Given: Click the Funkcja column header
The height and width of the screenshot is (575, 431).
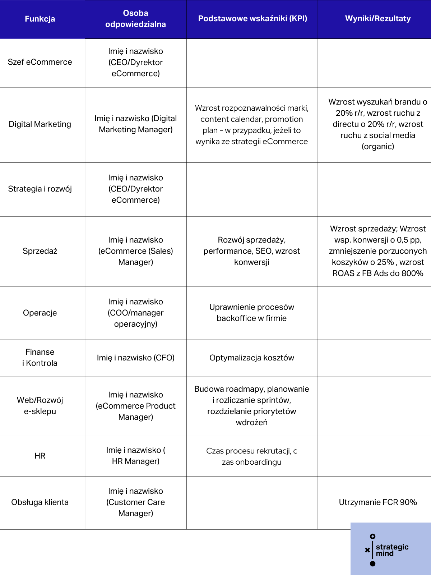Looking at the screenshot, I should pyautogui.click(x=40, y=19).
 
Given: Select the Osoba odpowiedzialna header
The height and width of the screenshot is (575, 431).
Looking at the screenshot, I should pyautogui.click(x=135, y=19).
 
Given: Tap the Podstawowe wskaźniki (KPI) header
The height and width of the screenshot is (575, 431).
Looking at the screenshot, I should pyautogui.click(x=252, y=19).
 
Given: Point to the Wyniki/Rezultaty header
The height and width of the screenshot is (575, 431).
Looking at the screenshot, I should pyautogui.click(x=378, y=19).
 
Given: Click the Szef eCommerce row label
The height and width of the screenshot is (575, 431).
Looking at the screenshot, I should pyautogui.click(x=40, y=62).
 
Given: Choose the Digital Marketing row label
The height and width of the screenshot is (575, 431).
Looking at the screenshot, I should pyautogui.click(x=40, y=124).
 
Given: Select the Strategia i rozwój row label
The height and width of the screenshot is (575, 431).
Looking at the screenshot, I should pyautogui.click(x=40, y=189).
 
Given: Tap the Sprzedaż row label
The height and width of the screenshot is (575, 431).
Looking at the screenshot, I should pyautogui.click(x=40, y=251).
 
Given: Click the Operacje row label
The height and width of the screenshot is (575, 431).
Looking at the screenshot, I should pyautogui.click(x=40, y=313).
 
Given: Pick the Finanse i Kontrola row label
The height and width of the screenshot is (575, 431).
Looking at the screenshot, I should pyautogui.click(x=40, y=358).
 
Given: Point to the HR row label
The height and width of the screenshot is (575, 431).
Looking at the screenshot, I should pyautogui.click(x=40, y=456).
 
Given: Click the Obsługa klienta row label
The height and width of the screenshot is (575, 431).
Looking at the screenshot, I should pyautogui.click(x=40, y=502).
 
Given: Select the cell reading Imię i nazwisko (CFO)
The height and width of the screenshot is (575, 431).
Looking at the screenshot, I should pyautogui.click(x=135, y=358).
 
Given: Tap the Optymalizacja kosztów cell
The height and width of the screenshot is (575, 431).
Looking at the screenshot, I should pyautogui.click(x=252, y=358).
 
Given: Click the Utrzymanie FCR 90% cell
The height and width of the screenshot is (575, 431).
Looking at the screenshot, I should pyautogui.click(x=378, y=502).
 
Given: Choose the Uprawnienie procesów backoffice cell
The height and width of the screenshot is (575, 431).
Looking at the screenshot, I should pyautogui.click(x=252, y=313).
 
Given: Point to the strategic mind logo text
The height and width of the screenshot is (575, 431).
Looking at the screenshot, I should pyautogui.click(x=392, y=550).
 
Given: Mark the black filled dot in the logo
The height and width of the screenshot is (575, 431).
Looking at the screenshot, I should pyautogui.click(x=372, y=564).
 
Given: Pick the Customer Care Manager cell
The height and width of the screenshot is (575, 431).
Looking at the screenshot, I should pyautogui.click(x=135, y=502).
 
